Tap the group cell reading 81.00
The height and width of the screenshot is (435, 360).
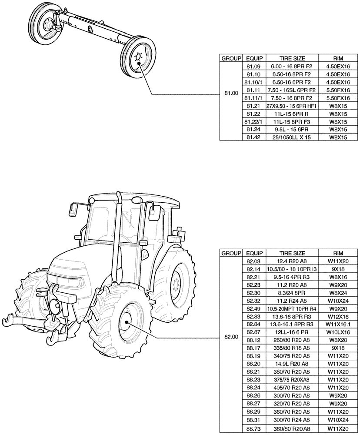pos(230,94)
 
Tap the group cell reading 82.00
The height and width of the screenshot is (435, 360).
pos(230,336)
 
